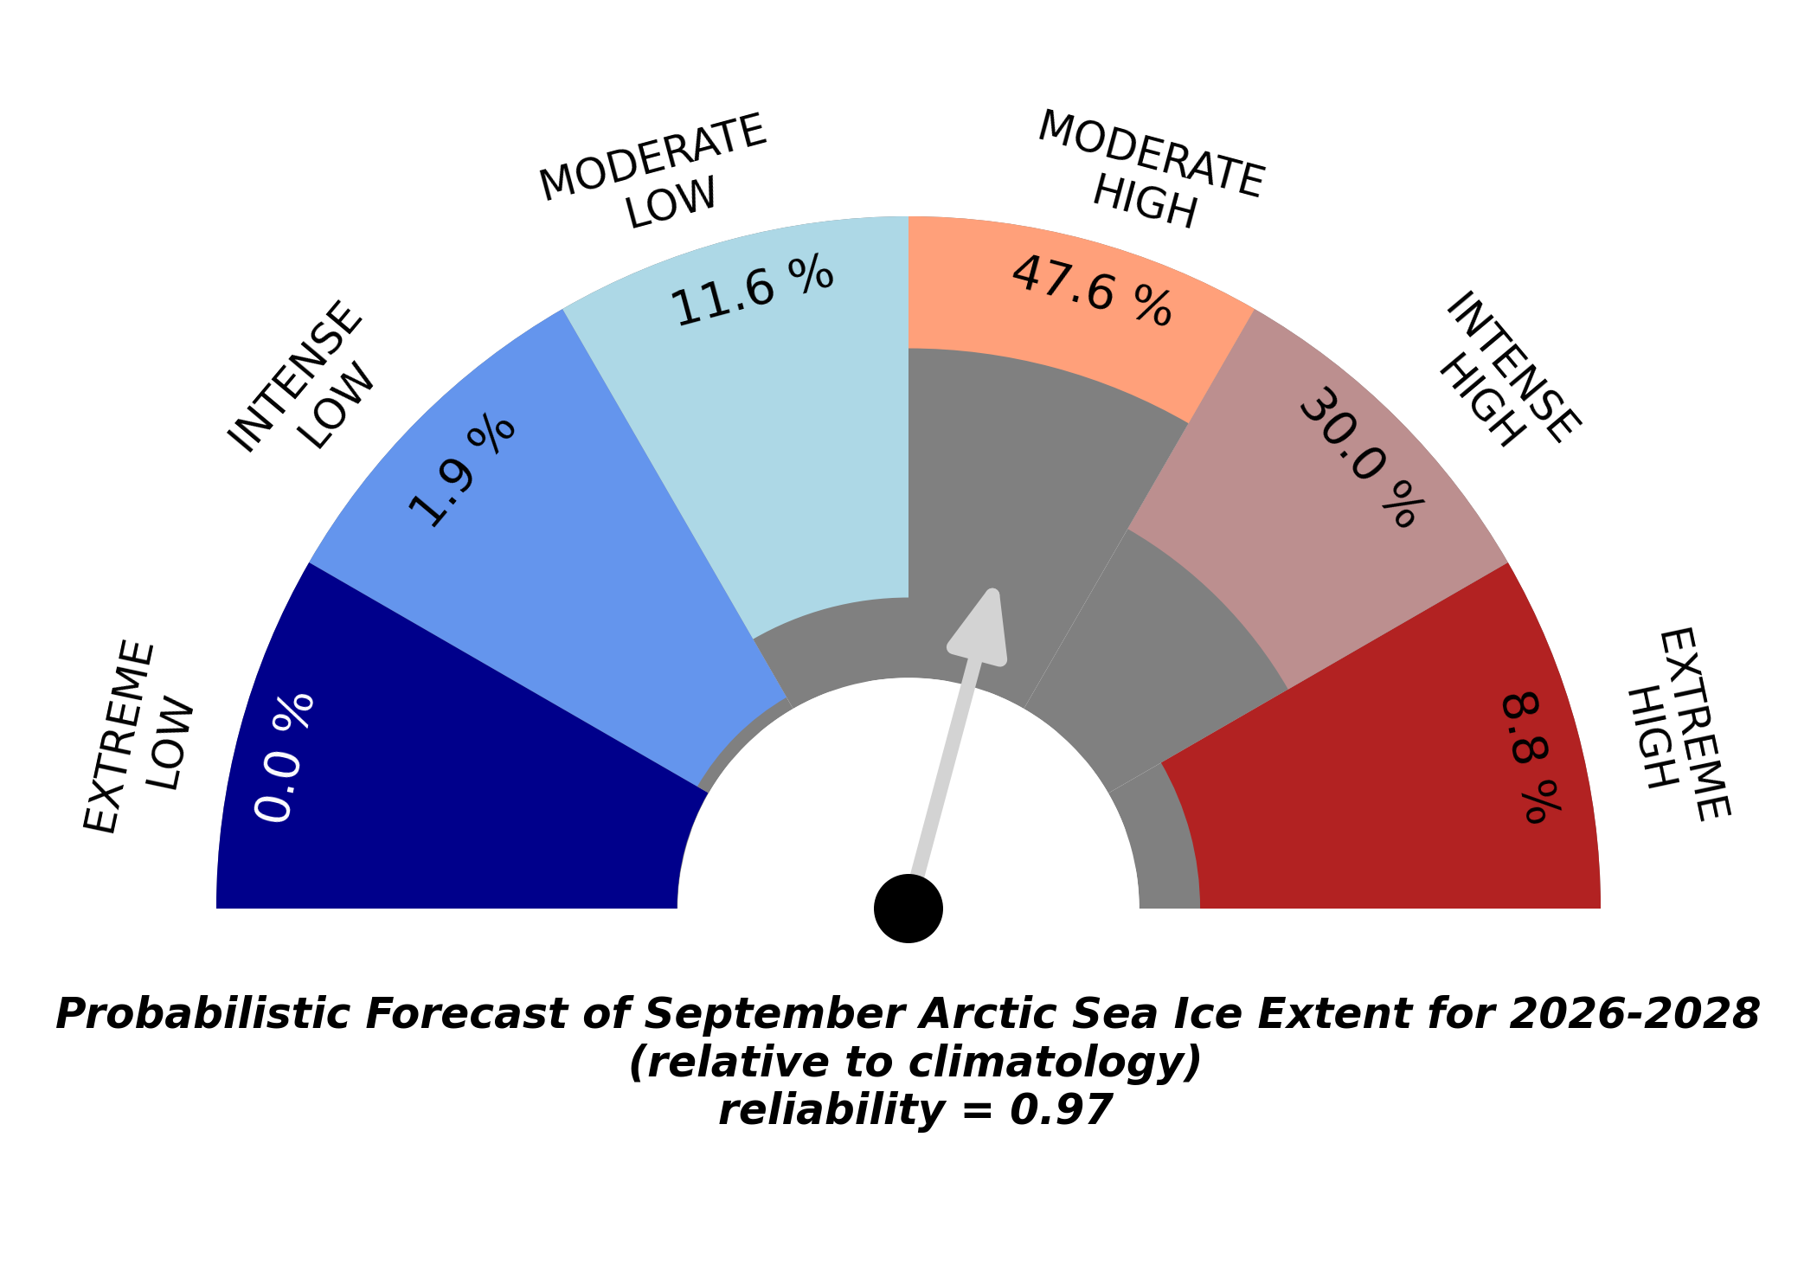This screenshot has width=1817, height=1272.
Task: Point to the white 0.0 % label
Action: (x=285, y=758)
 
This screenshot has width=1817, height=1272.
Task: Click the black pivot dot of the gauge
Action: (x=908, y=909)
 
